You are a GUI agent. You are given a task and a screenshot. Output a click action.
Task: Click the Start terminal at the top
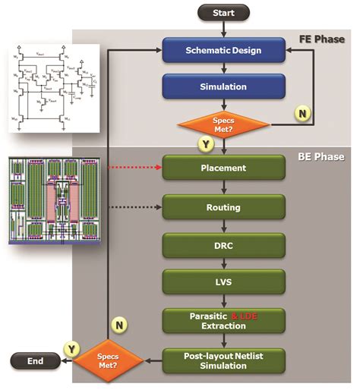[224, 12]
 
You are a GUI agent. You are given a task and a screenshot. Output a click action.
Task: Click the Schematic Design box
[224, 50]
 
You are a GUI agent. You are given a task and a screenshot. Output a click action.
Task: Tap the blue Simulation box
[224, 86]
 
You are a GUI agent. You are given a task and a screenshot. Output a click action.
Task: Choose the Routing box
[224, 206]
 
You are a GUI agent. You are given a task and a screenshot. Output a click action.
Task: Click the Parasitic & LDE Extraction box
[224, 319]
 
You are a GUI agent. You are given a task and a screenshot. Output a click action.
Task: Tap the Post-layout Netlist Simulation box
[224, 360]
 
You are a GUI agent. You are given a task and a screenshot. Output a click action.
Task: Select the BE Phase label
[319, 157]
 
